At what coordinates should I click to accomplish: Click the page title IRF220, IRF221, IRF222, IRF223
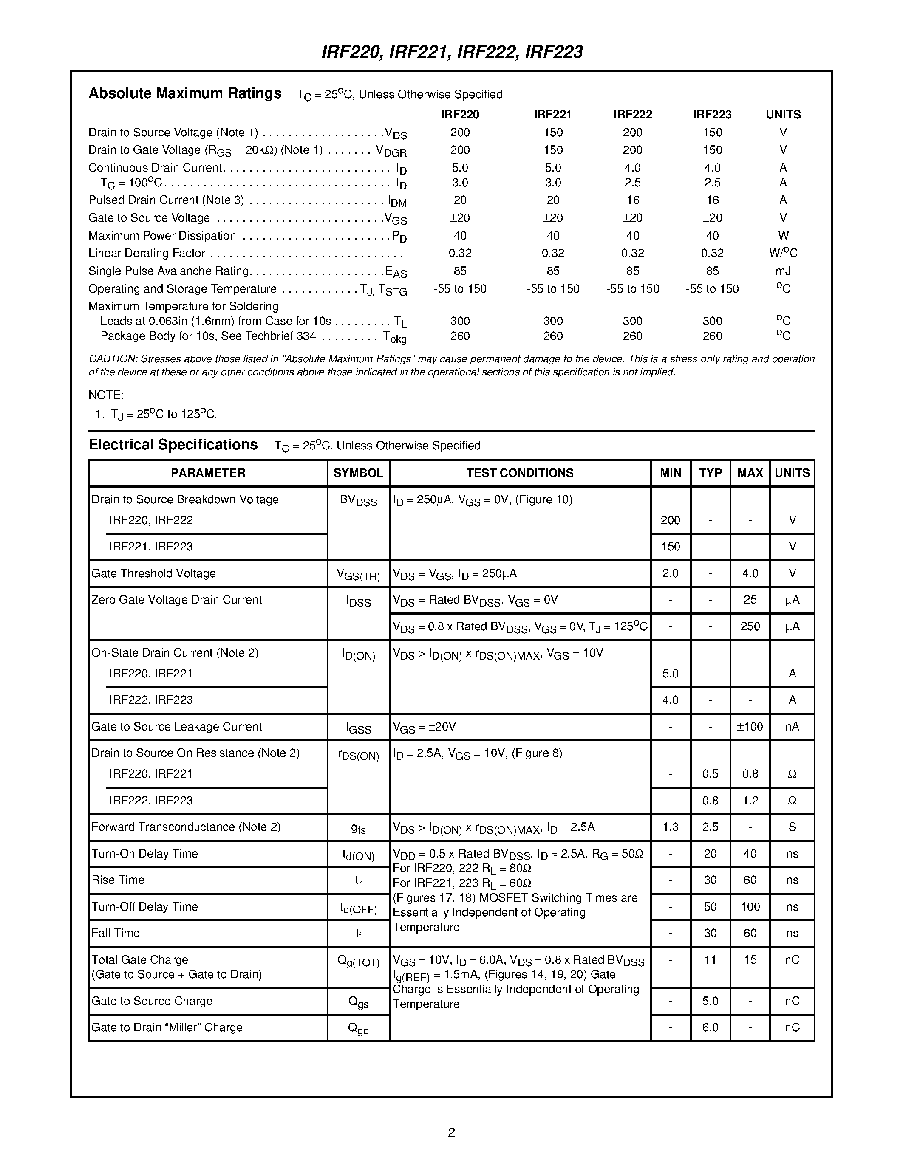452,52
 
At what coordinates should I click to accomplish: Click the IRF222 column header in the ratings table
632,114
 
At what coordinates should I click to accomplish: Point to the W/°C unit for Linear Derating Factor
783,253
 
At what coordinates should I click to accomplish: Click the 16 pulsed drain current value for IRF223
712,200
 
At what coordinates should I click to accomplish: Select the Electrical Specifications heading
173,445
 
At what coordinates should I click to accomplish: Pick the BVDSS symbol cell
358,501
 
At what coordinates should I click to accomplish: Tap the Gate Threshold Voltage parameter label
153,573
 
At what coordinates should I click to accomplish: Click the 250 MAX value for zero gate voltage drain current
750,626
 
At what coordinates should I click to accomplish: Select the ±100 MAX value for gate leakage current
750,726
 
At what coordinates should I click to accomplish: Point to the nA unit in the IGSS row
792,726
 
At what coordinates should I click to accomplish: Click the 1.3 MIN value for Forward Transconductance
670,827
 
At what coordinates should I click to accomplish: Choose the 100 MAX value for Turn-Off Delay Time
750,906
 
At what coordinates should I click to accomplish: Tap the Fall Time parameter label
116,933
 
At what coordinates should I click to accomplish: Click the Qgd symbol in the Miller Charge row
358,1028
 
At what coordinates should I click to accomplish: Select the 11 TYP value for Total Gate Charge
710,959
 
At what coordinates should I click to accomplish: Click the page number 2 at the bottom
451,1132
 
